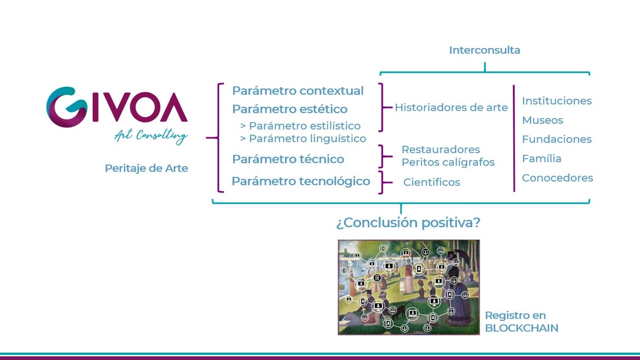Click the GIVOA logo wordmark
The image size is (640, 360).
[x=117, y=107]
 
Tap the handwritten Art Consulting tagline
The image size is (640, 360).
[x=151, y=136]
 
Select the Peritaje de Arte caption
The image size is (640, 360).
[x=146, y=168]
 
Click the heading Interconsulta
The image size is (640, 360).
[x=485, y=50]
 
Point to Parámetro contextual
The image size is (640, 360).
[x=298, y=91]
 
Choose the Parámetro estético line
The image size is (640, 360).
[x=290, y=109]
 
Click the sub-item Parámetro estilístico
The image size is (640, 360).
[x=300, y=126]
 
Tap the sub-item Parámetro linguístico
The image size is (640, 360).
[x=303, y=139]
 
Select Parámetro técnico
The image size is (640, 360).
[x=288, y=159]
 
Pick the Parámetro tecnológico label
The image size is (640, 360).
[x=301, y=181]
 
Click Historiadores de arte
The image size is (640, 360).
[x=451, y=107]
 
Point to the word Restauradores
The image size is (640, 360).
[x=440, y=149]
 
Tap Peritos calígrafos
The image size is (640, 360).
[x=448, y=162]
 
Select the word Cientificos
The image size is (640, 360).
[x=431, y=182]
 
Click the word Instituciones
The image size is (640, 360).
[x=557, y=101]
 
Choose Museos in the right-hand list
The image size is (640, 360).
[x=542, y=120]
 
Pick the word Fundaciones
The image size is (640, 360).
[x=557, y=139]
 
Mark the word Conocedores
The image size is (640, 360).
[x=558, y=178]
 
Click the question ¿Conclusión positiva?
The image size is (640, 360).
[x=408, y=223]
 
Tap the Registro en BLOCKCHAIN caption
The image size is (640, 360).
[x=522, y=322]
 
